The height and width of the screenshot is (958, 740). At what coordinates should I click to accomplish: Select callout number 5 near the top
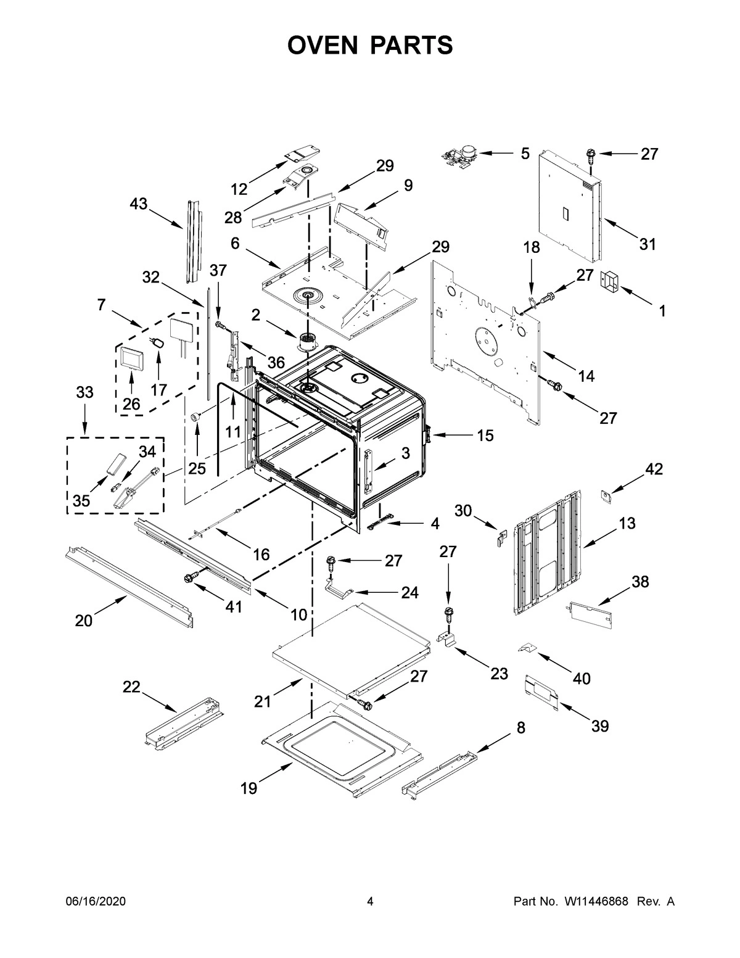525,153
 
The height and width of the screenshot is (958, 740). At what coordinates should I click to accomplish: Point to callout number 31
647,244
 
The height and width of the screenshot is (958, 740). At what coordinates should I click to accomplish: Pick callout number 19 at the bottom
249,788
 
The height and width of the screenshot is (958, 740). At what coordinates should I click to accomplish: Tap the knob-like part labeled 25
197,418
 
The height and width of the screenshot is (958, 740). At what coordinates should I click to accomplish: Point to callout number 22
131,687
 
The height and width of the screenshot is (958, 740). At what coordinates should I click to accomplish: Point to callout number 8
521,728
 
